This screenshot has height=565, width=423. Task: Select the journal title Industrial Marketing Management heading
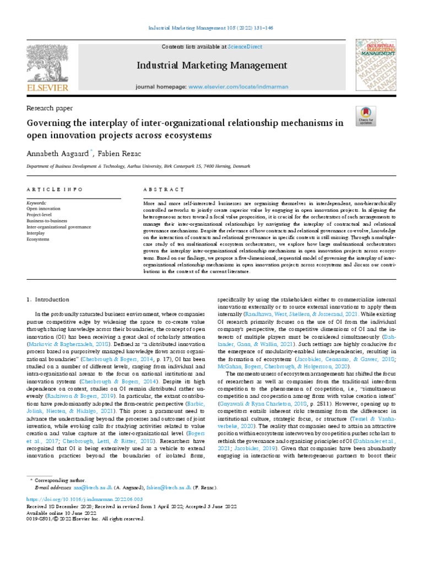point(211,66)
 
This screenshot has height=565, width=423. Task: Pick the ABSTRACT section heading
point(162,189)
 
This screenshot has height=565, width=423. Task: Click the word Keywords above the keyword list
point(36,202)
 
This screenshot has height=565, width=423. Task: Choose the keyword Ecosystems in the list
point(38,239)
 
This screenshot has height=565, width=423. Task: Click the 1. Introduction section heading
point(48,299)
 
